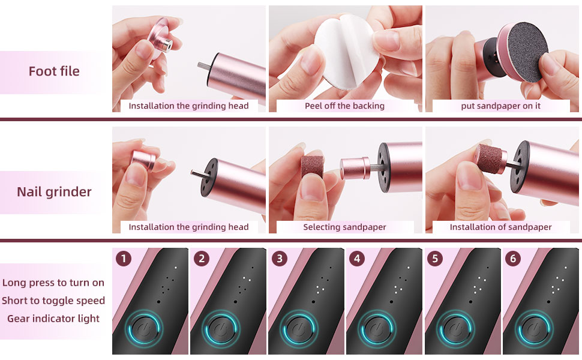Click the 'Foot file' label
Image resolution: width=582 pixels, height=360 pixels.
coord(54,71)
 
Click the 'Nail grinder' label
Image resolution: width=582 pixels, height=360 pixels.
coord(54,192)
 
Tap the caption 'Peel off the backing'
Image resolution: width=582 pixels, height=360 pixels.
coord(344,106)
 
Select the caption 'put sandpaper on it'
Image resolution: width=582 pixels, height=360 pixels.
coord(501,106)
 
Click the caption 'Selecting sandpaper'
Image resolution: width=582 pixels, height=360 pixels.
coord(344,227)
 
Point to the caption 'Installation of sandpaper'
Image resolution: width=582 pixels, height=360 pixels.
coord(501,227)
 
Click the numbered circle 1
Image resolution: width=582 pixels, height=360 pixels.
coord(124,259)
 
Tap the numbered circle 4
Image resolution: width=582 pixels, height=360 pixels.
coord(358,259)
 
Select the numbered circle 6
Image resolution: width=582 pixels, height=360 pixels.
coord(514,259)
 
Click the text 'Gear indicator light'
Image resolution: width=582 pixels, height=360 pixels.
coord(53,318)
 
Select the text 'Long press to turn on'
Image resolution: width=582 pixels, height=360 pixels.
coord(53,283)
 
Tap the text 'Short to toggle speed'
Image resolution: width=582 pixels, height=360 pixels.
coord(53,301)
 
